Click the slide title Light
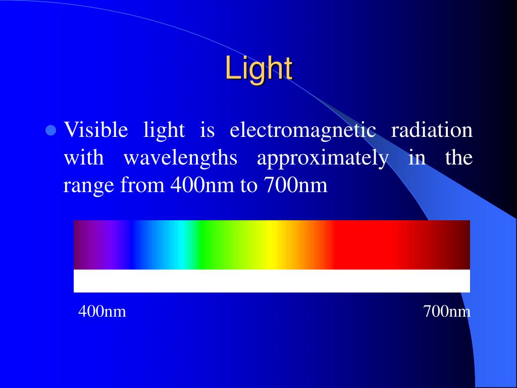pos(259,68)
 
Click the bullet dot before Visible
pos(50,131)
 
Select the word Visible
pos(95,130)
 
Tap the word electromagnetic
pos(303,130)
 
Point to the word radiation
pos(432,130)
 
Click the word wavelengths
pos(181,159)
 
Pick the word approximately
pos(323,159)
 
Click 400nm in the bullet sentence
pos(202,186)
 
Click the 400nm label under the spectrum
pos(102,312)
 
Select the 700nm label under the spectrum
pos(447,312)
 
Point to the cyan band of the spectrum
pos(179,245)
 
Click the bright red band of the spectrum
pos(364,245)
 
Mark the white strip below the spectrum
pos(272,281)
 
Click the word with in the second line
pos(83,159)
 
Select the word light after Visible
pos(164,130)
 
